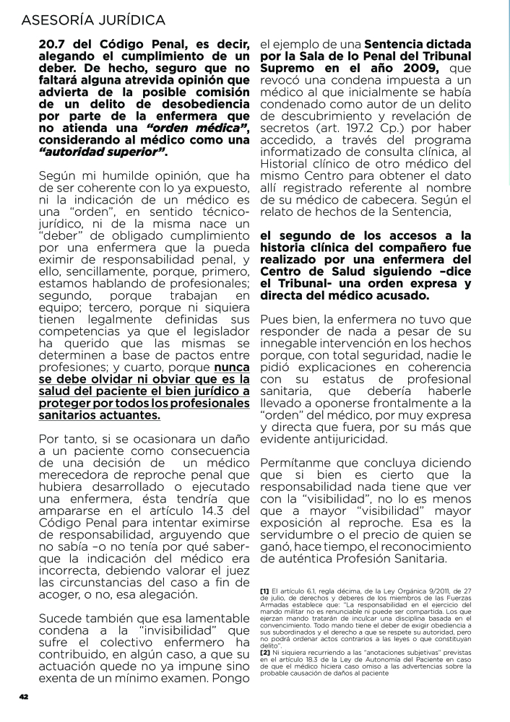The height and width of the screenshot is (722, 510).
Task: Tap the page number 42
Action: click(x=23, y=696)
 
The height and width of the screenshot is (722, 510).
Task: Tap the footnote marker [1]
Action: click(x=264, y=591)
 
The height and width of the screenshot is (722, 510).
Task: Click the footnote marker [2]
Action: click(x=264, y=651)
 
